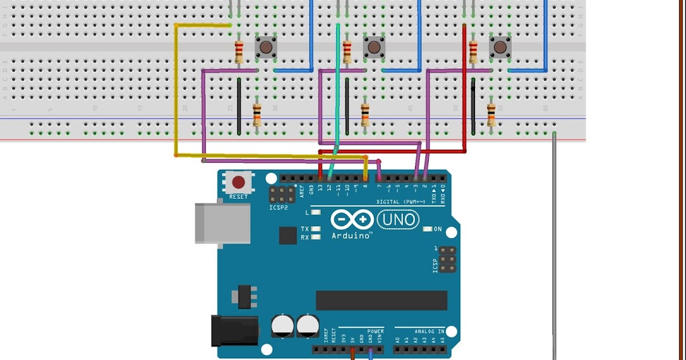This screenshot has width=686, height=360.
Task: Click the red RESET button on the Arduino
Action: coord(238,183)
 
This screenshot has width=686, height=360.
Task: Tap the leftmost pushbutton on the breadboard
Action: coord(265,47)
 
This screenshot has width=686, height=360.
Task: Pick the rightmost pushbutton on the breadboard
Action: coord(500,47)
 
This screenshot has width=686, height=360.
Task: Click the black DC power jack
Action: coord(232,330)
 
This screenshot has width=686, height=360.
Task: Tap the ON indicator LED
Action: coord(427,229)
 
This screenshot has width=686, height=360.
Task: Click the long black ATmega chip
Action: coord(381,300)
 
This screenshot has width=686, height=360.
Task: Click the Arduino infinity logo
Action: coord(352,220)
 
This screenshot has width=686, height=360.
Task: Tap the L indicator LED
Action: coord(316,213)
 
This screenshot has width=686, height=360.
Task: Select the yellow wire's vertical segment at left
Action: coord(176,91)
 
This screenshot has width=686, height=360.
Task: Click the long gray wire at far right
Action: coord(554,246)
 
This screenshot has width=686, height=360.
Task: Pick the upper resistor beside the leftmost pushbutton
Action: coord(239,52)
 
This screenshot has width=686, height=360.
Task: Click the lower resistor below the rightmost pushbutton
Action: coord(491,114)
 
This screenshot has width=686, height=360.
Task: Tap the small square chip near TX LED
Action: coord(287,235)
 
